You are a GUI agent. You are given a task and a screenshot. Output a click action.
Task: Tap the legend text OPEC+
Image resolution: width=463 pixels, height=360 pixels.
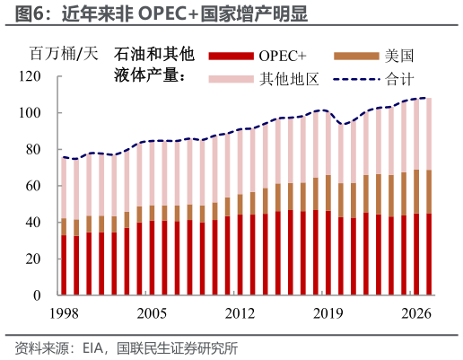pos(280,57)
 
